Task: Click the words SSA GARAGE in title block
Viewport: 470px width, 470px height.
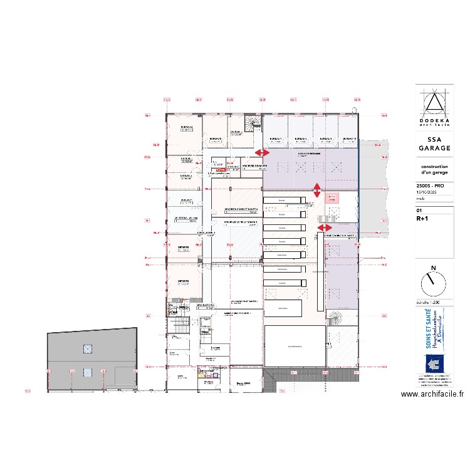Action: (x=434, y=144)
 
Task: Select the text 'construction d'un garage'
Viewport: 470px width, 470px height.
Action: (x=434, y=168)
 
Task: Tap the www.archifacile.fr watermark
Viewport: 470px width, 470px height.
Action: (x=432, y=394)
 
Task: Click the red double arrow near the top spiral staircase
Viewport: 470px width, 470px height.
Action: (x=262, y=152)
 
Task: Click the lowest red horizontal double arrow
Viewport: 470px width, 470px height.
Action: (x=325, y=227)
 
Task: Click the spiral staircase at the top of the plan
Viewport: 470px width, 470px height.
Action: (x=253, y=122)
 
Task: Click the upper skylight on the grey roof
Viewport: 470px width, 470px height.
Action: (x=88, y=348)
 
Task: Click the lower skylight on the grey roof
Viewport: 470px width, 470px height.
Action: (x=88, y=372)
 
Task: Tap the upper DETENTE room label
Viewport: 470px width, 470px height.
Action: (x=184, y=248)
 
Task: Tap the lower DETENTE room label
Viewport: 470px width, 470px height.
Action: (x=184, y=281)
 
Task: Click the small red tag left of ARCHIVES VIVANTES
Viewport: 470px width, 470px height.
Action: (x=220, y=170)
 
